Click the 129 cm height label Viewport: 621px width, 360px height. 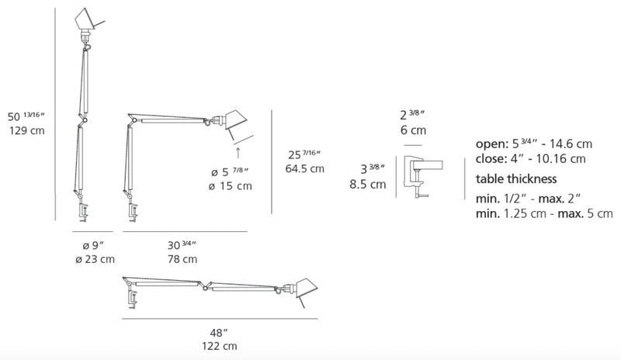click(27, 130)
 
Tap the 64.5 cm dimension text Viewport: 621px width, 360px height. click(304, 168)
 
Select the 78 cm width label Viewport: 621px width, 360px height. click(182, 259)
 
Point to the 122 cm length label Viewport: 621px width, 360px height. click(220, 346)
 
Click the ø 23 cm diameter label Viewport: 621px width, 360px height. click(95, 259)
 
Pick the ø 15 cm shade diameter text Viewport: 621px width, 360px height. click(231, 186)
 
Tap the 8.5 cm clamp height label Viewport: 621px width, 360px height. click(367, 184)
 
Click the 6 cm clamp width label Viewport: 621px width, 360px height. click(413, 130)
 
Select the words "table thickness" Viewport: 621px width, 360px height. click(516, 179)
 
